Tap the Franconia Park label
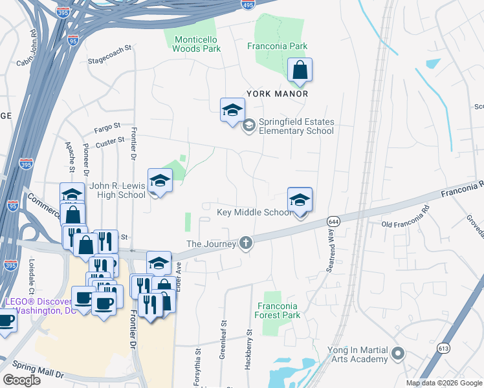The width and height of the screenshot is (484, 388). point(278,47)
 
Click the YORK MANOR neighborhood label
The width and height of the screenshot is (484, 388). point(276,94)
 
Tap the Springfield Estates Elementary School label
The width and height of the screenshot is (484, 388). point(296,126)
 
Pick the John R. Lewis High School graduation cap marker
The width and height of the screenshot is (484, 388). point(160,181)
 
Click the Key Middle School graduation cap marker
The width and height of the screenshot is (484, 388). point(300,200)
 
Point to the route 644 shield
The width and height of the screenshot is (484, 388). point(333,221)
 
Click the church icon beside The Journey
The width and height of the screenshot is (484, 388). point(245,243)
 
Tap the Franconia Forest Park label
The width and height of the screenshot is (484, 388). point(278,310)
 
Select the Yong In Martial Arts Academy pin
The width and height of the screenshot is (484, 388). point(398,354)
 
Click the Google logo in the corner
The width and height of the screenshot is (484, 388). point(21,380)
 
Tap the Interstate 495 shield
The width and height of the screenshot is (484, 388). point(248,5)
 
